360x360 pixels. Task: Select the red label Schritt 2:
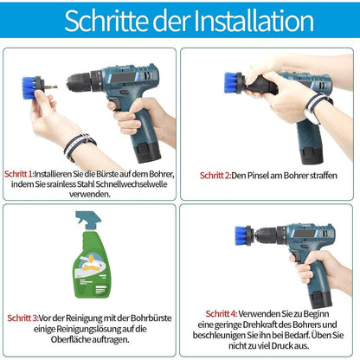[215, 175]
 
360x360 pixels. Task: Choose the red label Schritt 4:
[221, 312]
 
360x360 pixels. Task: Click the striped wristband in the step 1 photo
[78, 145]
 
